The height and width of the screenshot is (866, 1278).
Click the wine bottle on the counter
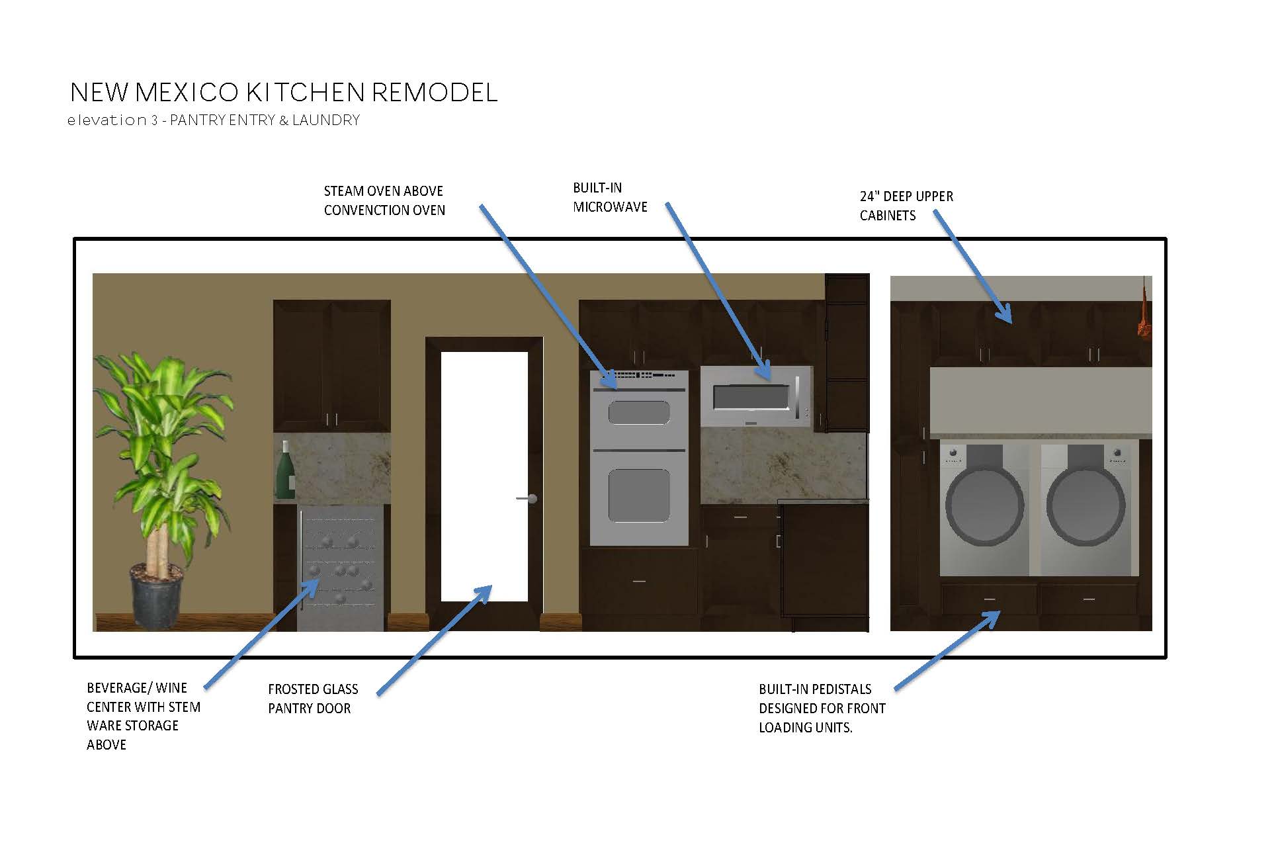coord(285,471)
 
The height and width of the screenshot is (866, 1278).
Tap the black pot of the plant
coord(157,595)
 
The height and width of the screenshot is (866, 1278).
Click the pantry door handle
coord(529,498)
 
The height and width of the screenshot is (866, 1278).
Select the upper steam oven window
coord(638,413)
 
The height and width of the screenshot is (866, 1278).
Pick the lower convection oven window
coord(638,495)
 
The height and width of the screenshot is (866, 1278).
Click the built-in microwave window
coord(751,398)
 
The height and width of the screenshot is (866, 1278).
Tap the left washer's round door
coord(984,506)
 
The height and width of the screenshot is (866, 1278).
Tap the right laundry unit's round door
coord(1086,506)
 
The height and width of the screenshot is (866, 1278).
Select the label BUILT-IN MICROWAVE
coord(610,197)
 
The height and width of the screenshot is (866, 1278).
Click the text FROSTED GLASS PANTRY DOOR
coord(313,699)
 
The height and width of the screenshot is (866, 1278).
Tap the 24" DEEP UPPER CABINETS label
coord(906,206)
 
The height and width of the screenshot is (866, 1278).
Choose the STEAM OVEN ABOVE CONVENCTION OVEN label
coord(384,200)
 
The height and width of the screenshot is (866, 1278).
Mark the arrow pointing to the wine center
coord(255,634)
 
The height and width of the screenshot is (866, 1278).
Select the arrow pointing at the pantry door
coord(434,640)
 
